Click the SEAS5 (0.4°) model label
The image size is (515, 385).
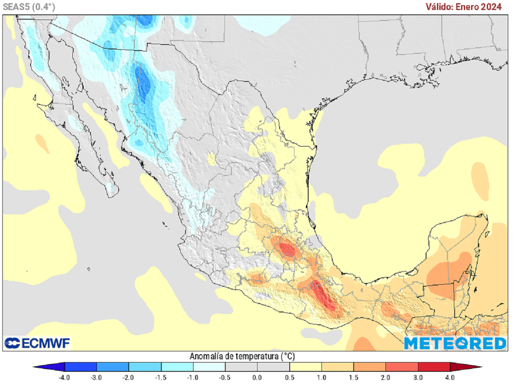click(x=29, y=7)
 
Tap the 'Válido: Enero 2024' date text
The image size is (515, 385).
click(x=463, y=7)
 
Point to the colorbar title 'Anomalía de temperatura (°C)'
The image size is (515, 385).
click(x=242, y=356)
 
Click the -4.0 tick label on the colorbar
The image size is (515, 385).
click(x=64, y=377)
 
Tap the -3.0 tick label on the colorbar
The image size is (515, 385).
click(x=96, y=377)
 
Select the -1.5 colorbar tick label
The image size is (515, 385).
click(x=160, y=377)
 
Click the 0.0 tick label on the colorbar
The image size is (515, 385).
click(x=257, y=377)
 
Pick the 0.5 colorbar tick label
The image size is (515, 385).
click(x=289, y=377)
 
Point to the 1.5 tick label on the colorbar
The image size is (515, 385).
click(x=354, y=377)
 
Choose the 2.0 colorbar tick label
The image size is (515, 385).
click(x=386, y=377)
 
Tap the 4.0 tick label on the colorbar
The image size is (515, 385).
click(x=450, y=377)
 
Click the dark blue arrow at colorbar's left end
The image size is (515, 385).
click(x=48, y=367)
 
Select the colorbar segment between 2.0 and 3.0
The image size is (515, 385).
click(x=402, y=367)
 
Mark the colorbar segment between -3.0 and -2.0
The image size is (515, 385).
click(x=112, y=367)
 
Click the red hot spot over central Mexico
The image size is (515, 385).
click(x=288, y=249)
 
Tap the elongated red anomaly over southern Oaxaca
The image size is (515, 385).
click(x=325, y=299)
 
